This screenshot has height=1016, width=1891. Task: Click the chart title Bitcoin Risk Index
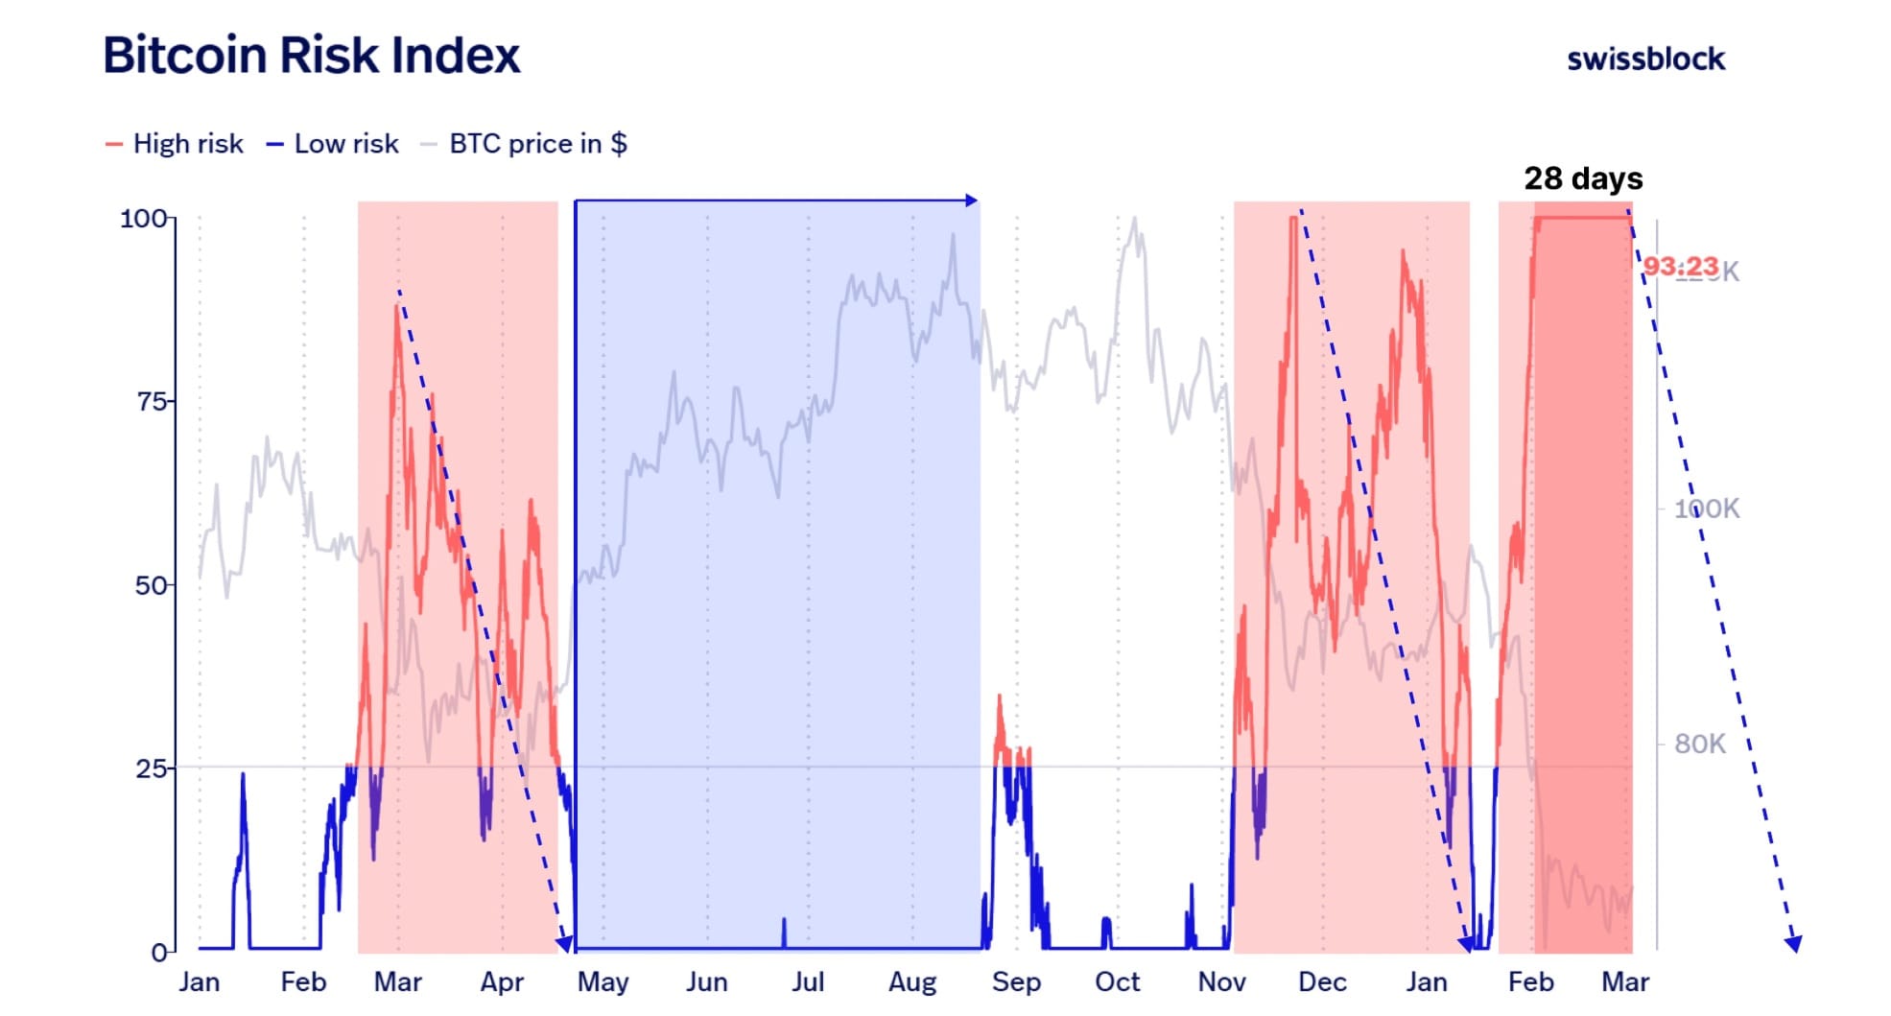(x=311, y=55)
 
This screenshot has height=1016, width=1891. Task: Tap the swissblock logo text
(x=1645, y=59)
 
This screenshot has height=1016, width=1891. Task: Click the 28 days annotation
(x=1583, y=178)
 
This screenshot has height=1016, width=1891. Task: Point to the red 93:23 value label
(x=1681, y=266)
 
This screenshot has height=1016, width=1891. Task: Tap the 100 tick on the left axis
(x=144, y=219)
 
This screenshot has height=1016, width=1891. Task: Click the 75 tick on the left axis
(x=152, y=401)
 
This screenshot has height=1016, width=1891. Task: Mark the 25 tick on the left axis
(x=152, y=768)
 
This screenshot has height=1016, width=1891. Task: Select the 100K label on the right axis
(x=1706, y=508)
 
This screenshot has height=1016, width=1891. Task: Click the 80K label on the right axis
(x=1699, y=744)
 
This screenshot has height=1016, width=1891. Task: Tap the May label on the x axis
(x=603, y=982)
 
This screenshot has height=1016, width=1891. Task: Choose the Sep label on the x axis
(x=1016, y=982)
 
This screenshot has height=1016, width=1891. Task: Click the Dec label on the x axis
(x=1322, y=982)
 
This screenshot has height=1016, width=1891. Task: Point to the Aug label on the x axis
(x=912, y=982)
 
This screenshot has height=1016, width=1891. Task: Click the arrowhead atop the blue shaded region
(x=972, y=201)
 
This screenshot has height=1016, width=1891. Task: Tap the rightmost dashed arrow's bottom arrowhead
(x=1792, y=944)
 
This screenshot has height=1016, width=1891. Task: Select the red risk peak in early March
(x=396, y=307)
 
